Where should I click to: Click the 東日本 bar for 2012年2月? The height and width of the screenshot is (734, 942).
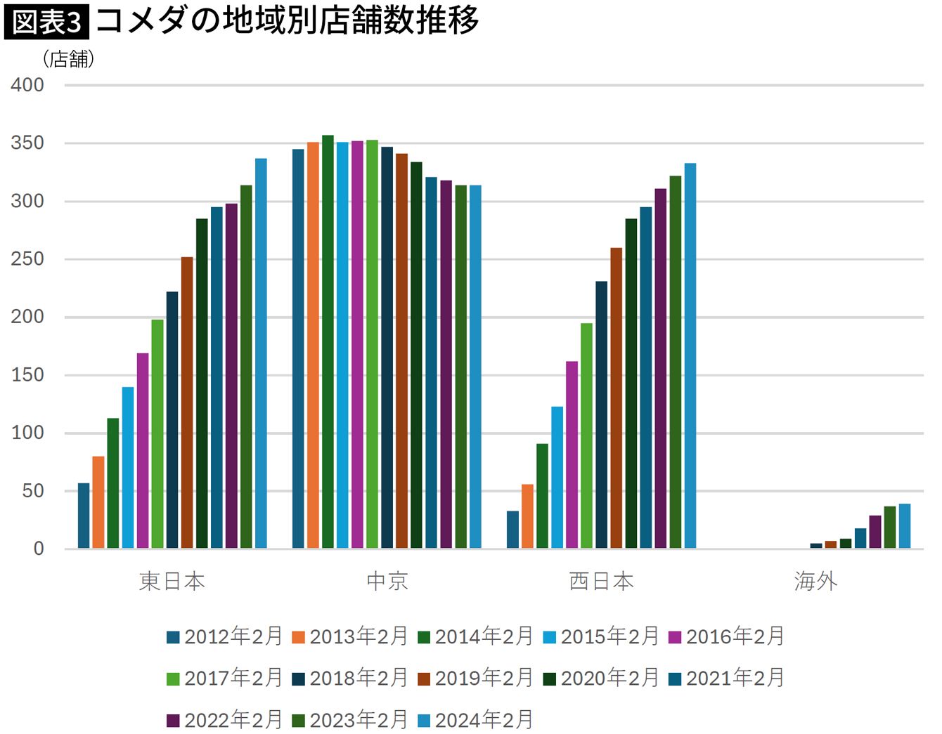[84, 516]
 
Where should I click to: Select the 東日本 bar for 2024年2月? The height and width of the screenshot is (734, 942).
[261, 353]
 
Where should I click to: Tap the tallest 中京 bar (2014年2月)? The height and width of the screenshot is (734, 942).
[328, 342]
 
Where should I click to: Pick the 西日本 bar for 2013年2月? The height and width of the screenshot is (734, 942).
[527, 516]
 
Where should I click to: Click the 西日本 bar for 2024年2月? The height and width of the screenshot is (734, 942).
[690, 356]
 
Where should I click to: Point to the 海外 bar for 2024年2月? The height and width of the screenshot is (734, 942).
[905, 526]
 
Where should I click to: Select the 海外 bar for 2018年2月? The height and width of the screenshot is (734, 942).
[816, 546]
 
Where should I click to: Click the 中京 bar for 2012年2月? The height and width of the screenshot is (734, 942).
[298, 349]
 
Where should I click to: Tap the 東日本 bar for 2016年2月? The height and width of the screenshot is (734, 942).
[143, 450]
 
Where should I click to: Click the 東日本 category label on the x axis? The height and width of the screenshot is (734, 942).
[172, 582]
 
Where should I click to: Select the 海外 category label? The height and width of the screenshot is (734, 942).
[815, 582]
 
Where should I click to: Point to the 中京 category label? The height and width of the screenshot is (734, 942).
[387, 582]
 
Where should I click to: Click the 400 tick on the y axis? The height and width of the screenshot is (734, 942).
[27, 85]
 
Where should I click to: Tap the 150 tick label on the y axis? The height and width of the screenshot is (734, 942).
[27, 375]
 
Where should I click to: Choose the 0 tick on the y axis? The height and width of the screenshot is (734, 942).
[39, 549]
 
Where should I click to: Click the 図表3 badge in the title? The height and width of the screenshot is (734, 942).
[47, 22]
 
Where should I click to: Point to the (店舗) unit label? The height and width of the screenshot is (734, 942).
[68, 59]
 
